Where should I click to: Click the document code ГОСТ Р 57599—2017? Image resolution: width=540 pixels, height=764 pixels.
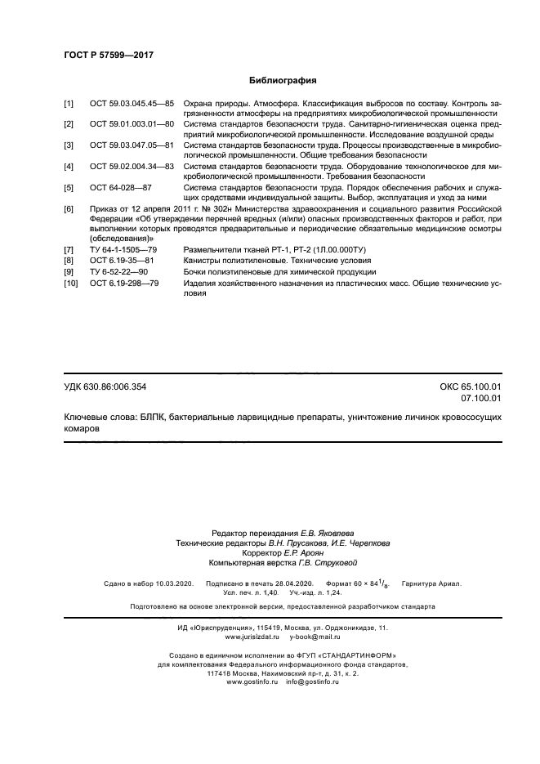(109, 56)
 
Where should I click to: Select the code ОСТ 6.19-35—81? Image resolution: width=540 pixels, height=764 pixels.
(121, 261)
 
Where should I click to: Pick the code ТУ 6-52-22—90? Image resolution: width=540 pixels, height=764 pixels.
(118, 271)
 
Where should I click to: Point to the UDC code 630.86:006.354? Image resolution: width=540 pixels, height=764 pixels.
(116, 386)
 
